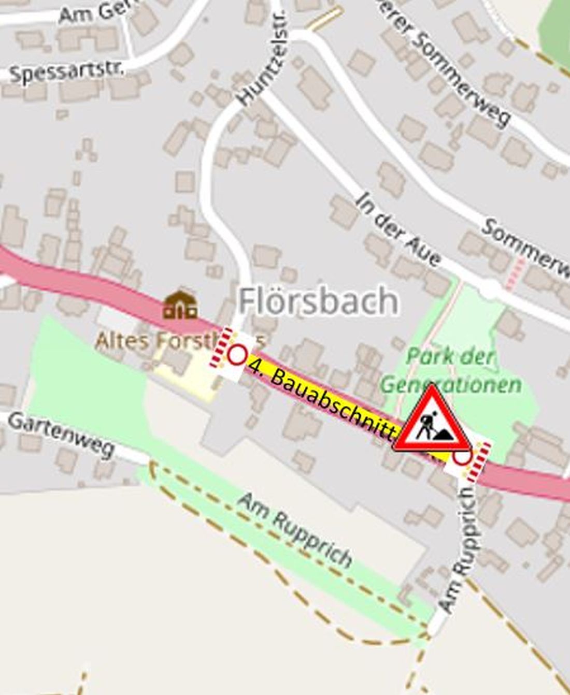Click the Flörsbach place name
click(x=318, y=301)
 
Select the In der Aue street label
click(x=398, y=229)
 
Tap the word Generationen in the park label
click(x=451, y=385)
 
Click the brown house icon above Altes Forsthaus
click(x=180, y=305)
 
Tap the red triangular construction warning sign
click(x=432, y=421)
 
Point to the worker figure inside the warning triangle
click(x=427, y=426)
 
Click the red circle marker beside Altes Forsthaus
click(x=237, y=355)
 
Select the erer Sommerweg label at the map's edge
click(x=449, y=62)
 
